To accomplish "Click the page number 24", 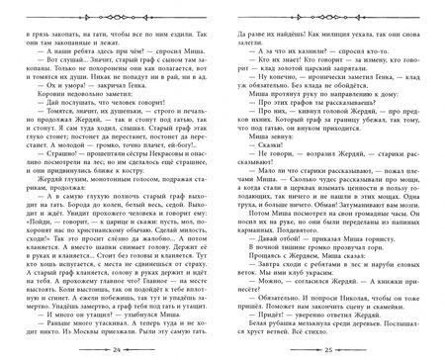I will (x=117, y=350).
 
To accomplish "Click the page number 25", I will (x=328, y=350).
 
